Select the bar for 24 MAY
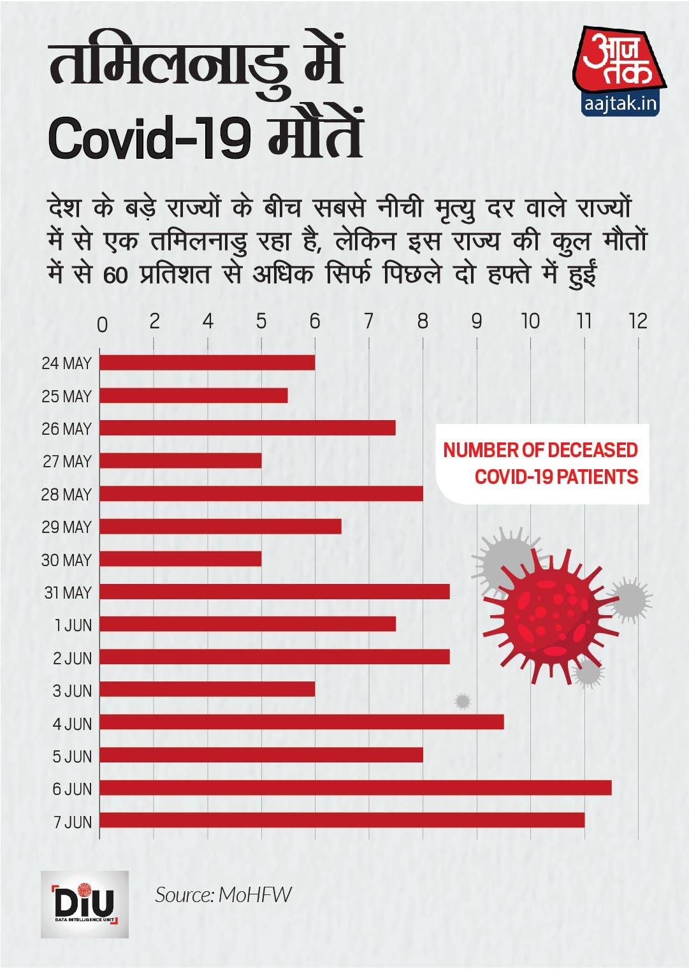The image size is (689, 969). pos(207,362)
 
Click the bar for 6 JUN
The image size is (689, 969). pos(355,787)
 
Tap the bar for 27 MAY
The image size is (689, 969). pos(180,460)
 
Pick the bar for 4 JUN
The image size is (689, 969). pos(301,722)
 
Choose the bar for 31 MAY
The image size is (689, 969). pos(274,592)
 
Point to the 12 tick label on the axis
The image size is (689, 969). pos(637,321)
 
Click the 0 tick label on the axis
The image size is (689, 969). pos(102,324)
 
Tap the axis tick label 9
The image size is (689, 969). pos(477,321)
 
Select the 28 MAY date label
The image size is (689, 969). pos(66,495)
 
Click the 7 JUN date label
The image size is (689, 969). pos(73,822)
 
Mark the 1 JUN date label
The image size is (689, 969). pos(73,625)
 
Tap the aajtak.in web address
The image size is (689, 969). pos(620,104)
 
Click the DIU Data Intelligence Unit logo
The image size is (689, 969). pos(84,904)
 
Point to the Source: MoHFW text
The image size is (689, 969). pos(223,895)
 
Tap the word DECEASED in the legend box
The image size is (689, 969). pos(592,450)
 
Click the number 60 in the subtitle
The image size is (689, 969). pos(115,275)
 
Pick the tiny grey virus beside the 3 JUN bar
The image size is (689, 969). pos(463,701)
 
